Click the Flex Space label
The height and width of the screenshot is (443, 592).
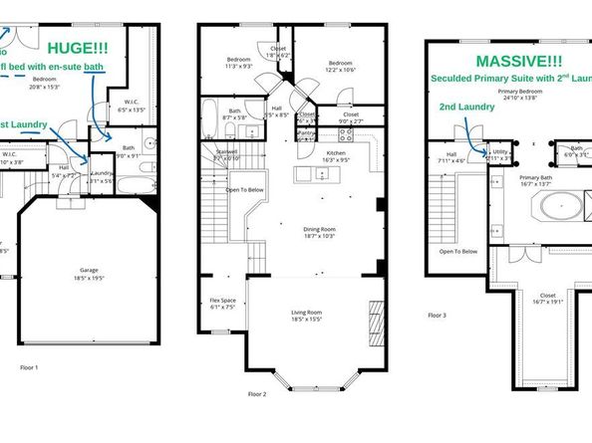click(x=222, y=304)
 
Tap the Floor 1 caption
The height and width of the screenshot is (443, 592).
click(x=29, y=367)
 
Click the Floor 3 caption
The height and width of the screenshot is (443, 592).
click(x=437, y=315)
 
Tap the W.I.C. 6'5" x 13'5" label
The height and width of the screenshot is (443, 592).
click(x=132, y=105)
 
